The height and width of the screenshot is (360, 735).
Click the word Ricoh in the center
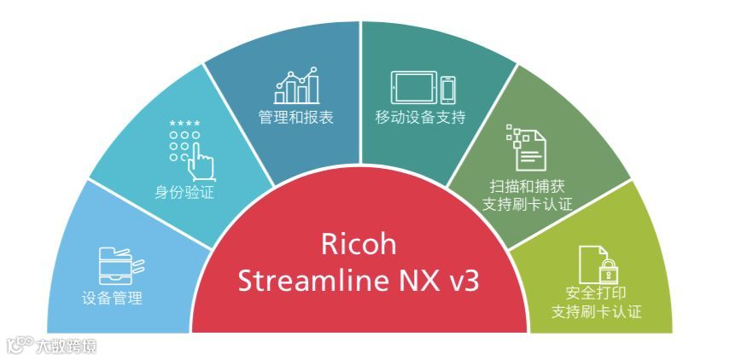[x=359, y=244]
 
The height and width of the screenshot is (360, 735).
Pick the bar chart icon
[x=296, y=84]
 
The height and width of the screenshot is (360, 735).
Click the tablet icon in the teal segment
[x=413, y=88]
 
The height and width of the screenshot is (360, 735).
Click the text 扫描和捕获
[x=527, y=186]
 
